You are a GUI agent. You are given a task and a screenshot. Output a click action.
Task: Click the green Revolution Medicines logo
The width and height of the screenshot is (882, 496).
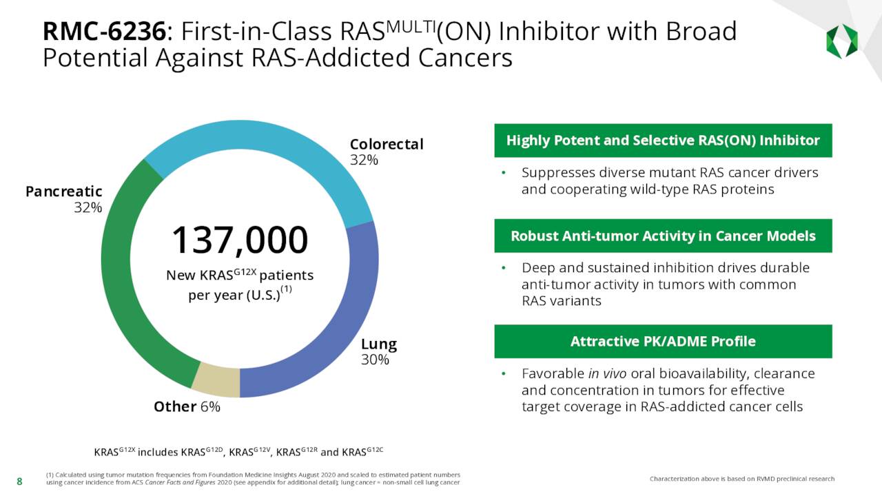[841, 41]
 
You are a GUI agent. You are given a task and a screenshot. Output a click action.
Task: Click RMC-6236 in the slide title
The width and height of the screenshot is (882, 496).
[103, 32]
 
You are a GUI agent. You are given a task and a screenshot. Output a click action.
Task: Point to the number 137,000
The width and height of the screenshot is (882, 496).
[239, 240]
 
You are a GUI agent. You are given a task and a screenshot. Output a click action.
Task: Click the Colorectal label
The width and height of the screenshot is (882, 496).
[386, 144]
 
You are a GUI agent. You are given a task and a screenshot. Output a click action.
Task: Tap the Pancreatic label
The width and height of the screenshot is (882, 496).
[63, 192]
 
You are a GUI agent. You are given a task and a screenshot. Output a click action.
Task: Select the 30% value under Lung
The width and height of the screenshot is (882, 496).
[375, 360]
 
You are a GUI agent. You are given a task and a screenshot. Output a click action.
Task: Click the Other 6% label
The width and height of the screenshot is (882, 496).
[187, 406]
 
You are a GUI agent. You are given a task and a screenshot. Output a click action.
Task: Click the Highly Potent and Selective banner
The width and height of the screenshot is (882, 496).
[662, 141]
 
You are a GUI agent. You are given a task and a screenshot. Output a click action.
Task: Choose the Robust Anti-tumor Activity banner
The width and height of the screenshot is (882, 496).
[662, 236]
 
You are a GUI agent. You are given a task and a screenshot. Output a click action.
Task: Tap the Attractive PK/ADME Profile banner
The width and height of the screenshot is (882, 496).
[662, 341]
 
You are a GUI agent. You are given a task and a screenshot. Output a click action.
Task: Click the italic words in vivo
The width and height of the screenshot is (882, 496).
[603, 374]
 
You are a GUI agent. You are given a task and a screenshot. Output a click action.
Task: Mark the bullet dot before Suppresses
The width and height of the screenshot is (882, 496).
[504, 173]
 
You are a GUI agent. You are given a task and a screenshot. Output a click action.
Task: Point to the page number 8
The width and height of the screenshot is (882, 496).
[19, 482]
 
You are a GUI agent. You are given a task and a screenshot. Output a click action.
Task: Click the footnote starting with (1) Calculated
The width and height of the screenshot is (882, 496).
[253, 479]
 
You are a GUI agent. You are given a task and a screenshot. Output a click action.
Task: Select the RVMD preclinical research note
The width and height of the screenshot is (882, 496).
[741, 479]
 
